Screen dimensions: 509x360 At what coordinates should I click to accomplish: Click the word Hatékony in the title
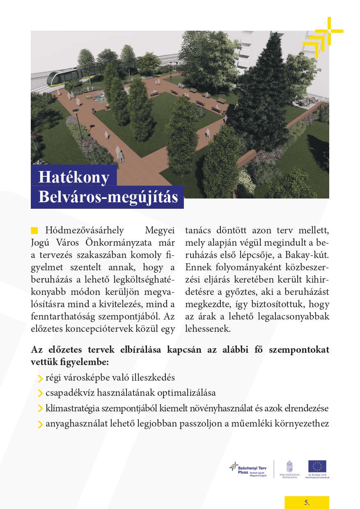(x=74, y=177)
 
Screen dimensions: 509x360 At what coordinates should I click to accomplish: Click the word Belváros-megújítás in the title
(x=108, y=197)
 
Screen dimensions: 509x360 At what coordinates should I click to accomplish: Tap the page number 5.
(x=307, y=502)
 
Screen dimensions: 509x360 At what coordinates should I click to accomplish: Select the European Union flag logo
(x=317, y=466)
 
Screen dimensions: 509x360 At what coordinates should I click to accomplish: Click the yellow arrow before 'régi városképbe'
(x=40, y=378)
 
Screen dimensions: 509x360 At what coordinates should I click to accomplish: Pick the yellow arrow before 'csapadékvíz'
(x=40, y=393)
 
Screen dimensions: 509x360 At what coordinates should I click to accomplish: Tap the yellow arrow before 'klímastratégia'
(x=40, y=409)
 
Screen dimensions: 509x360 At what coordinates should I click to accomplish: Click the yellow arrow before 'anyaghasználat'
(x=40, y=424)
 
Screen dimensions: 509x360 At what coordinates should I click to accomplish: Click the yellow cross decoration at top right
(x=324, y=34)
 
